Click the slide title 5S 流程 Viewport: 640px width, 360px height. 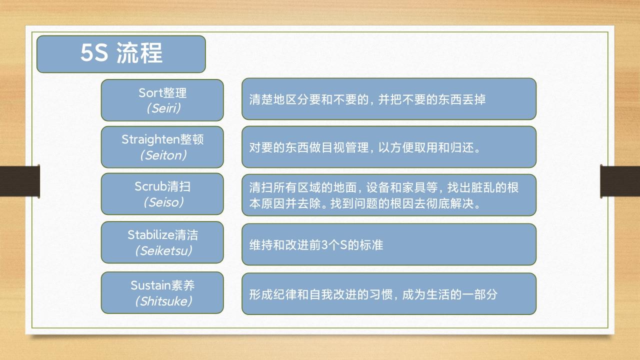coord(121,53)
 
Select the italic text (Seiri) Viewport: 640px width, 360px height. coord(163,108)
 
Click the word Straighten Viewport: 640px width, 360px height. coord(150,139)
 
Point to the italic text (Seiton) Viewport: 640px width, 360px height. coord(163,155)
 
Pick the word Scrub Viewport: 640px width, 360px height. coord(150,186)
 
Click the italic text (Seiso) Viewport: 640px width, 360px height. coord(163,202)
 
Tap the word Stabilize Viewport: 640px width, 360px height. coord(151,235)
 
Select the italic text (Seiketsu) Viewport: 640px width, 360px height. coord(163,251)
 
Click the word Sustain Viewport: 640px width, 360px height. coord(150,285)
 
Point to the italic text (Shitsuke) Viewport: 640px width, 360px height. coord(163,301)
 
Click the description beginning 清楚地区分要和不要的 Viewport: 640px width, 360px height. coord(367,99)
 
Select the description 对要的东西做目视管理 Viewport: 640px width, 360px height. coord(365,147)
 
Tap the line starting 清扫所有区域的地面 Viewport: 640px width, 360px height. coord(383,187)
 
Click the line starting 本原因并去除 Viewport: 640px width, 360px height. coord(365,203)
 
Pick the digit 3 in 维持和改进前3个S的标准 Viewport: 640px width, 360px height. coord(324,245)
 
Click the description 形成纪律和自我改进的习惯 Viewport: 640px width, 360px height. coord(373,294)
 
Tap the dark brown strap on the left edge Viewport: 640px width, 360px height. coord(19,181)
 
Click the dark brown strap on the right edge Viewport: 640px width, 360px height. coord(620,181)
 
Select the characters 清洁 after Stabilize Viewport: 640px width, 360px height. coord(186,235)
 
